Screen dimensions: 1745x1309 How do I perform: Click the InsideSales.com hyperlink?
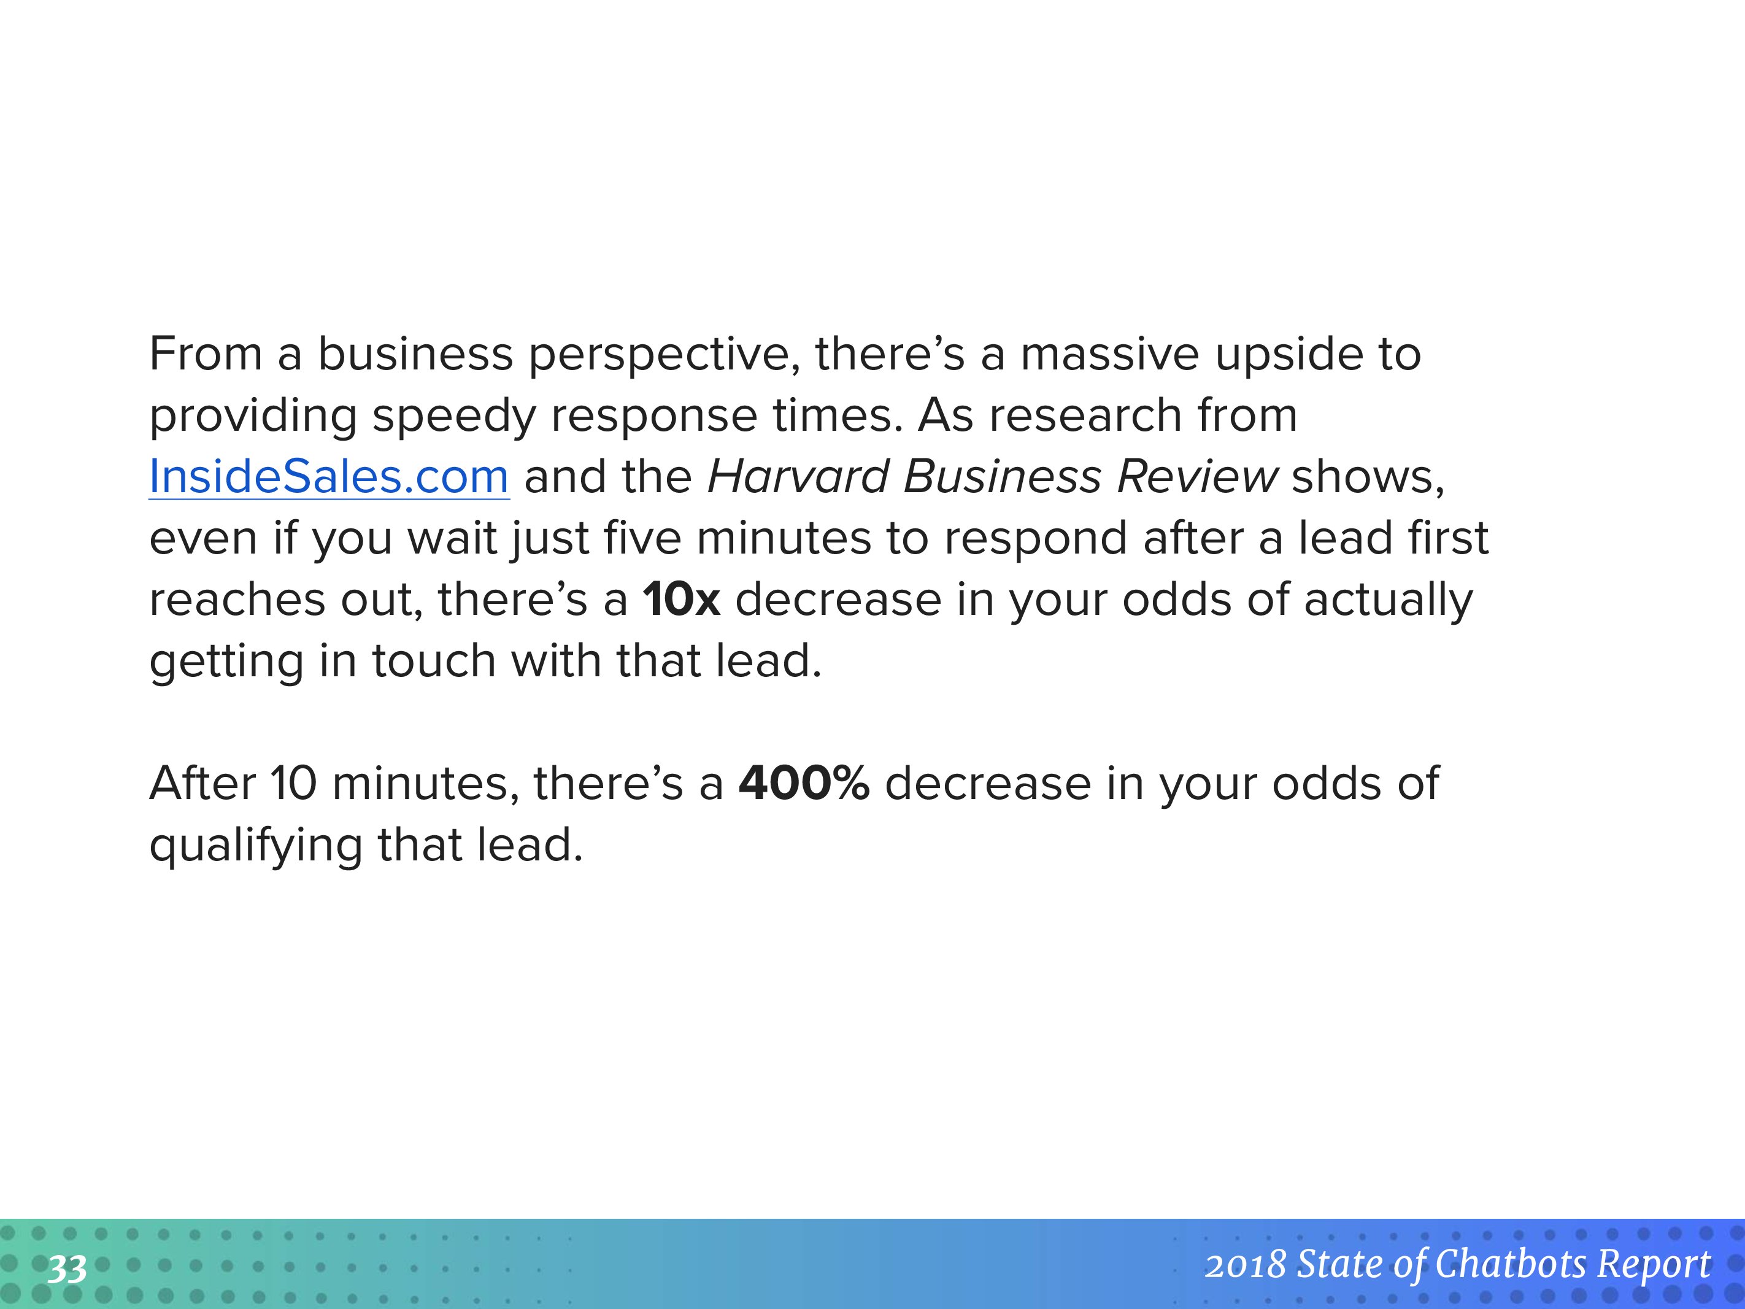pyautogui.click(x=329, y=477)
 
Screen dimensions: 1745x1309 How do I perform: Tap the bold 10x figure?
pyautogui.click(x=681, y=599)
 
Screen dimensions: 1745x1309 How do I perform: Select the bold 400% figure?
pyautogui.click(x=804, y=784)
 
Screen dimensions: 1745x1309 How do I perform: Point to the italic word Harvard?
pyautogui.click(x=798, y=477)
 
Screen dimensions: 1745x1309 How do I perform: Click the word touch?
pyautogui.click(x=434, y=660)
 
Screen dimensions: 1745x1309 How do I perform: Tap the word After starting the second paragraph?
pyautogui.click(x=202, y=784)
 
